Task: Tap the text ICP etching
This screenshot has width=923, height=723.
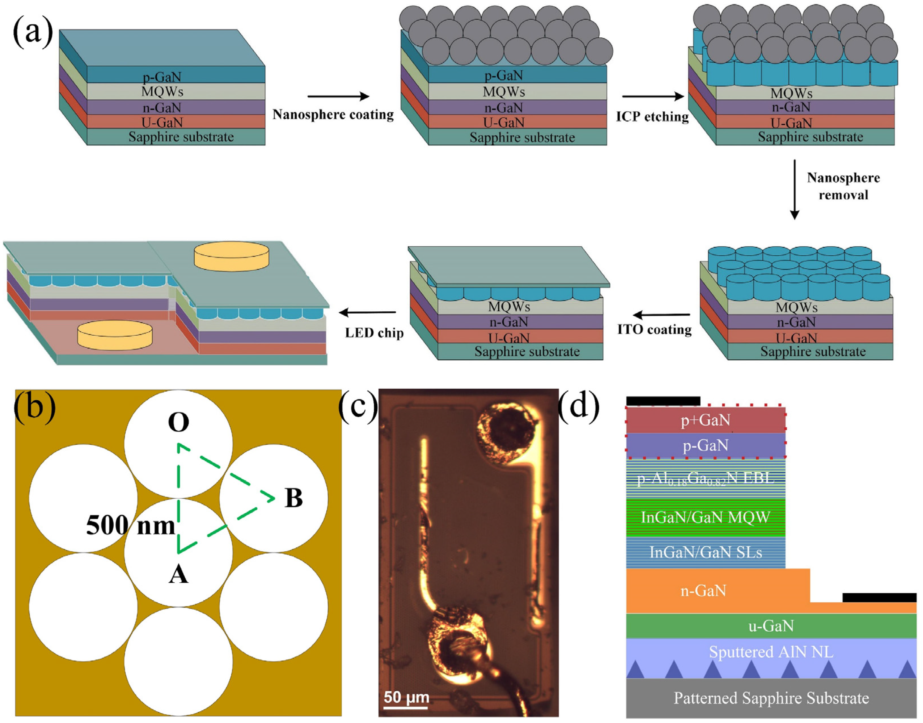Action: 652,117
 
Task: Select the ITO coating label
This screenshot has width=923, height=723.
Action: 654,329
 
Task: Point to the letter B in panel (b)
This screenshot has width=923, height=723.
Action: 293,498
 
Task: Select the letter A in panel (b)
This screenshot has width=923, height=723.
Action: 178,575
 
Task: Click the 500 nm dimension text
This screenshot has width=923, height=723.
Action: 130,526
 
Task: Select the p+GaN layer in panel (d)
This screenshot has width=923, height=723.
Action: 706,420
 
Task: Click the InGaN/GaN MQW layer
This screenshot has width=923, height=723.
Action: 706,517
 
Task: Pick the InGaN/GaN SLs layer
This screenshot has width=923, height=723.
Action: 706,552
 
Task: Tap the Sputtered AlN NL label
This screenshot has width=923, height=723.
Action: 770,652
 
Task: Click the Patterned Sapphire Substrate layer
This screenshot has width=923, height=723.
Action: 770,698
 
